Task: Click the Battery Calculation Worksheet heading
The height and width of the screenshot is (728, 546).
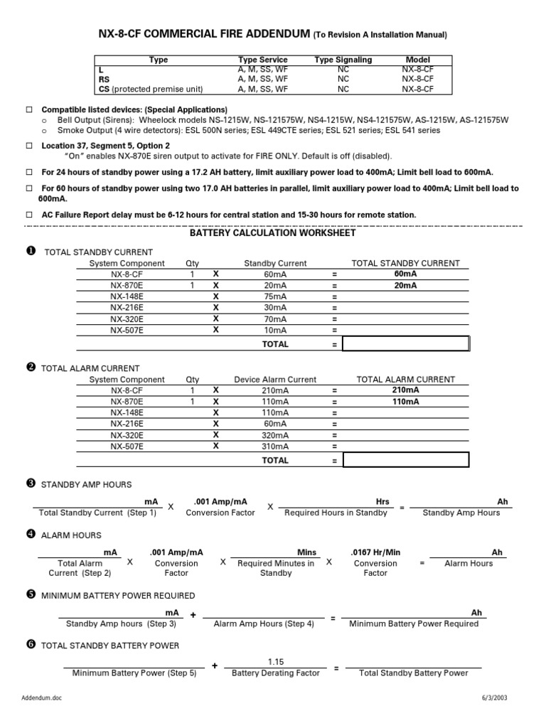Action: (272, 233)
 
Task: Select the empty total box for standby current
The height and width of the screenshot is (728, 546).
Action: (406, 344)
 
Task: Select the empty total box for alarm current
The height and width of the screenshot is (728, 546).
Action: (406, 460)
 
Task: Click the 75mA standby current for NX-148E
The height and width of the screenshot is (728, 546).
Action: (275, 297)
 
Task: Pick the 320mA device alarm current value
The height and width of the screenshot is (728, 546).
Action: (275, 435)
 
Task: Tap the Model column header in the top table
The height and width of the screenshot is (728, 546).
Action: (417, 60)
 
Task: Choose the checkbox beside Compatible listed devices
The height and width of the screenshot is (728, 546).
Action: (30, 110)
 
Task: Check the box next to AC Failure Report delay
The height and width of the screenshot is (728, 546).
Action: (30, 215)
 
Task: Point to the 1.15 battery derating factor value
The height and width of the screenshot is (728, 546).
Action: (276, 661)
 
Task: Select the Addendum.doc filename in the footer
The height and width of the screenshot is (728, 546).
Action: (43, 718)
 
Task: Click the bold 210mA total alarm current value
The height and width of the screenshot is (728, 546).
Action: (405, 390)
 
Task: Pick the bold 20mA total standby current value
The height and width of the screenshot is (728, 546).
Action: (405, 286)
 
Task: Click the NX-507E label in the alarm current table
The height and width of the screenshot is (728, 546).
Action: (127, 446)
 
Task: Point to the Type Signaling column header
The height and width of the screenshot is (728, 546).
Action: (343, 60)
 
